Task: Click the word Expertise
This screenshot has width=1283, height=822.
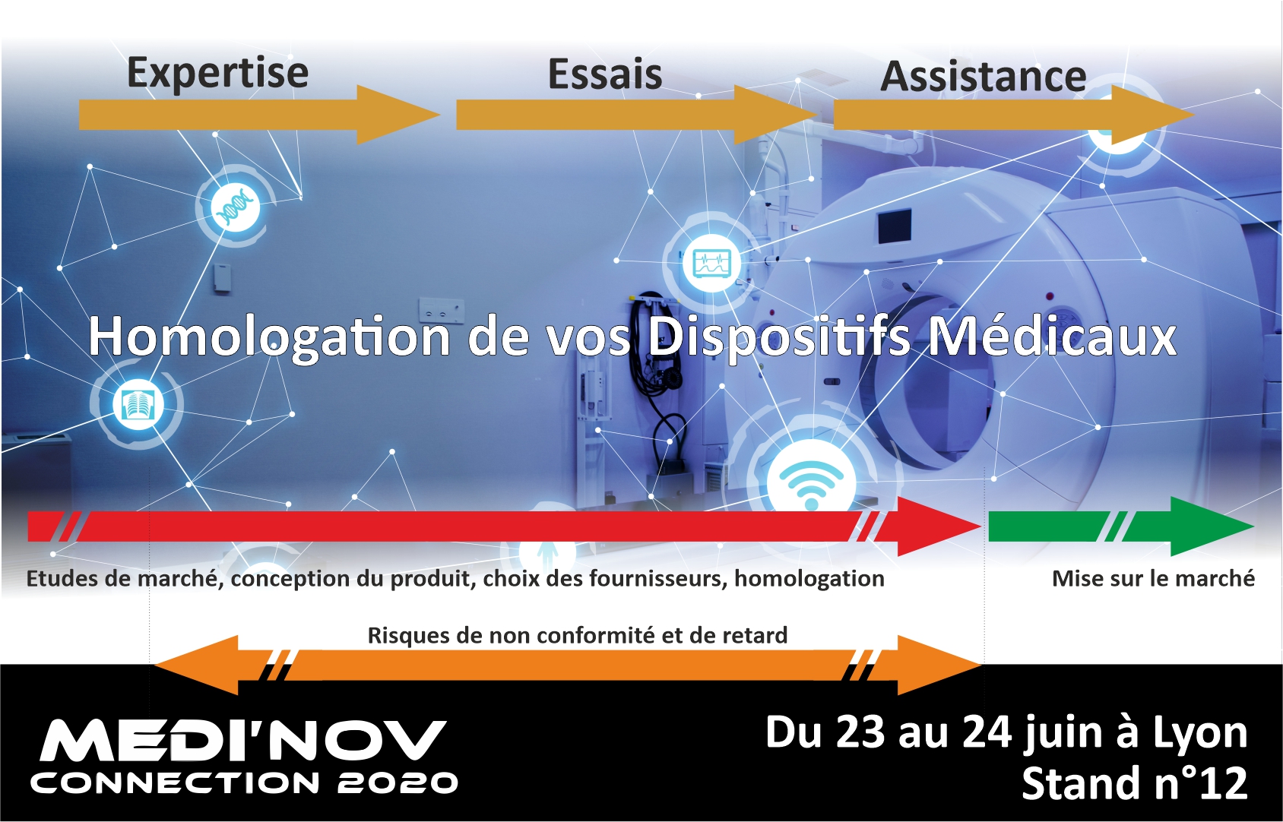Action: click(217, 73)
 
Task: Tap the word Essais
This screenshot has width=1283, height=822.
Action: click(605, 74)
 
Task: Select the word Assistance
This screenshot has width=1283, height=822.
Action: click(983, 77)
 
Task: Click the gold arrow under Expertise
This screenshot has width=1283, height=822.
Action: click(259, 115)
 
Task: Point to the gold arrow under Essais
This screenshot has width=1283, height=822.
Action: click(636, 115)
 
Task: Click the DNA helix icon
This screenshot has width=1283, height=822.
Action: click(236, 207)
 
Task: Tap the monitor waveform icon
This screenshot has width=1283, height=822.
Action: click(711, 264)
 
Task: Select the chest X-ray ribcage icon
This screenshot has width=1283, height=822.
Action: click(138, 405)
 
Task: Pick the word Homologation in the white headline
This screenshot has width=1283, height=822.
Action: click(269, 337)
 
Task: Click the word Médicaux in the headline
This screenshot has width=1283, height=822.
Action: click(1052, 337)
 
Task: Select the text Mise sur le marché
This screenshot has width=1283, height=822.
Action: click(1154, 579)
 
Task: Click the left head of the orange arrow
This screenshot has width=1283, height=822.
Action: click(196, 666)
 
